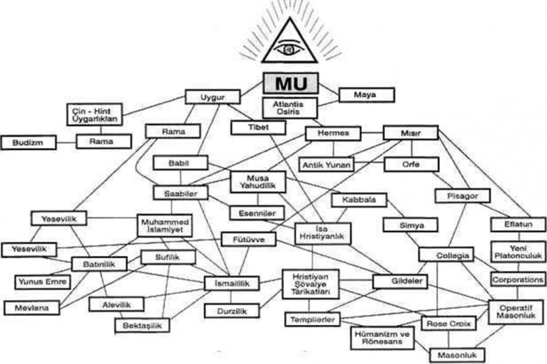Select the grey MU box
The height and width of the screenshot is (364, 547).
click(290, 84)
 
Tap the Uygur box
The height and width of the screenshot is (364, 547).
click(212, 97)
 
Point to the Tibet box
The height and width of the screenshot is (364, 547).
click(258, 127)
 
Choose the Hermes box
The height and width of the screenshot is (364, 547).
click(333, 133)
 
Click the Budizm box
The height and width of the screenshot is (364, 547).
click(28, 142)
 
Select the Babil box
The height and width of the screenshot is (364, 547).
click(181, 163)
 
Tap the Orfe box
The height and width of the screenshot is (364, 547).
click(411, 164)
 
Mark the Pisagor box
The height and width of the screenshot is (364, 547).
click(462, 196)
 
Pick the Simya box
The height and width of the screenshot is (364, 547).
click(410, 225)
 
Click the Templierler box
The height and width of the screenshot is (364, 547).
click(312, 319)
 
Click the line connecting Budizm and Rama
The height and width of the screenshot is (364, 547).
click(66, 142)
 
